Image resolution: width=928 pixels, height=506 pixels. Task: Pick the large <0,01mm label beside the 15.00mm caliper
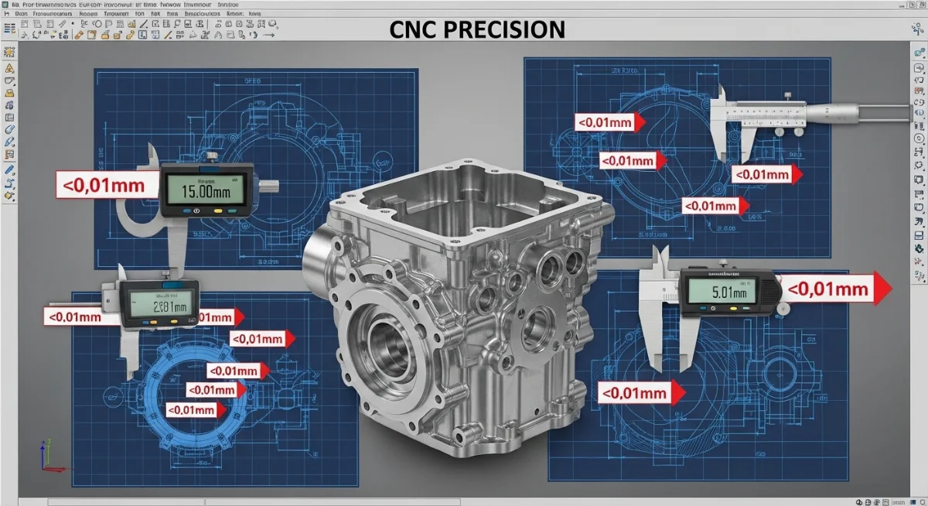pos(101,186)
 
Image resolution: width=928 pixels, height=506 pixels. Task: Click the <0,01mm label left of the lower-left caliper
pos(75,316)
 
